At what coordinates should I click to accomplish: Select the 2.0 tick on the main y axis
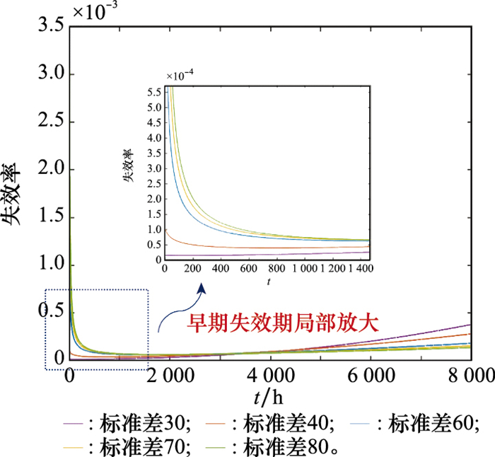[x=48, y=170]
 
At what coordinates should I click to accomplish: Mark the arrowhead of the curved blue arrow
[x=202, y=287]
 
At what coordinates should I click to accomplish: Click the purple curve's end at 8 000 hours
[x=470, y=324]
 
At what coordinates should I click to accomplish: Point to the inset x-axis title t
[x=269, y=282]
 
